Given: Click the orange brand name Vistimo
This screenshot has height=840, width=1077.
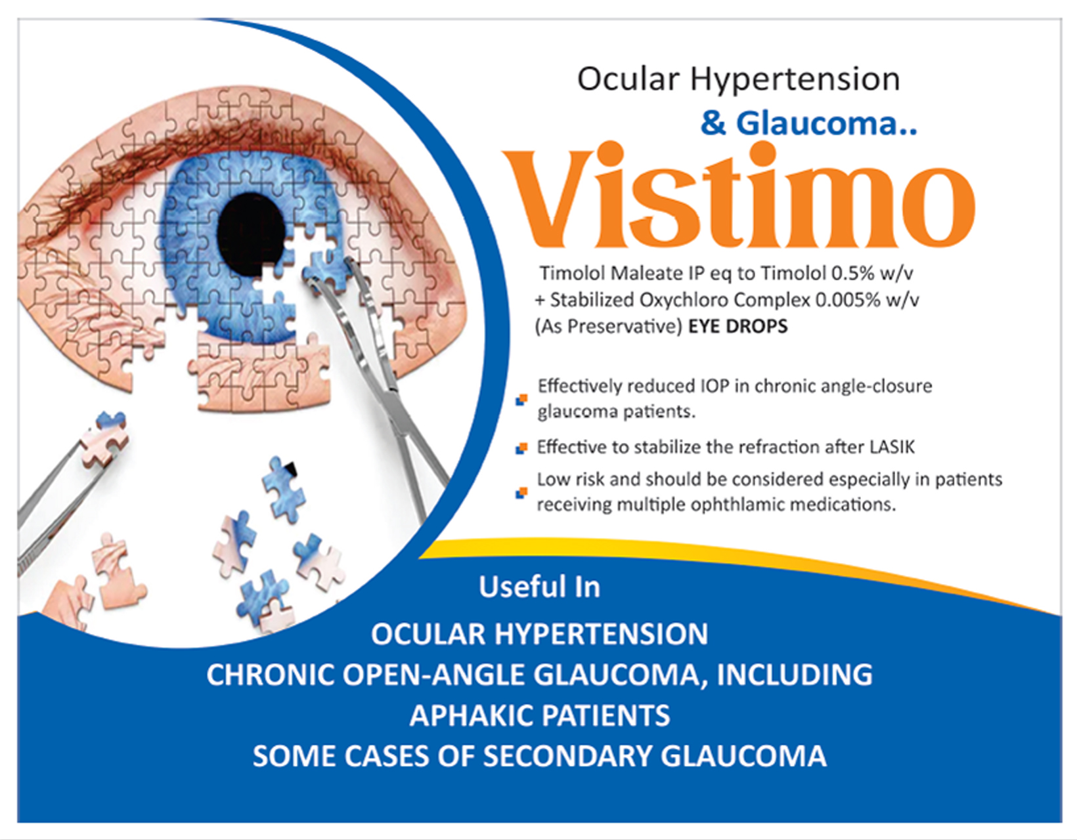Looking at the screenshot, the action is [739, 195].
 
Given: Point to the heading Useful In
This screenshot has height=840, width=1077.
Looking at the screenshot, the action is [540, 587].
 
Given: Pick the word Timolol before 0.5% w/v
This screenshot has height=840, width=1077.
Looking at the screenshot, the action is [793, 274].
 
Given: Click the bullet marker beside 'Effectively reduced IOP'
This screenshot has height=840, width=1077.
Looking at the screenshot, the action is [521, 400].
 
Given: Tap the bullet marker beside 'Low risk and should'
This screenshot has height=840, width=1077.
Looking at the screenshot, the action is [521, 493].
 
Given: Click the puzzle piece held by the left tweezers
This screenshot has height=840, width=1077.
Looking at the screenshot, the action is [104, 438].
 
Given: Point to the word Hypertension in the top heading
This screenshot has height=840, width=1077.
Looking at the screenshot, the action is [795, 79].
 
